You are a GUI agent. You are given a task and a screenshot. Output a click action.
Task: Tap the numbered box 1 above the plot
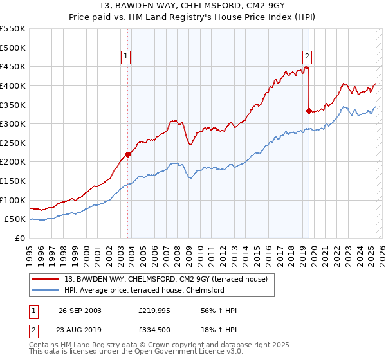click(x=127, y=57)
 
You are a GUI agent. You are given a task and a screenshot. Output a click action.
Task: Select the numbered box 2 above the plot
click(x=308, y=57)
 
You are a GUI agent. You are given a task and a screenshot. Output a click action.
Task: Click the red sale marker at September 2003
click(x=128, y=154)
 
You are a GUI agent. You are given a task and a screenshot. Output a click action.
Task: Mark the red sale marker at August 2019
click(x=309, y=111)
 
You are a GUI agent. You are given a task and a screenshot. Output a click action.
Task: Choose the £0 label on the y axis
click(x=21, y=238)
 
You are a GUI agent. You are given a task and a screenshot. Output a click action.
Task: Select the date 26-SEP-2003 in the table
click(x=80, y=310)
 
